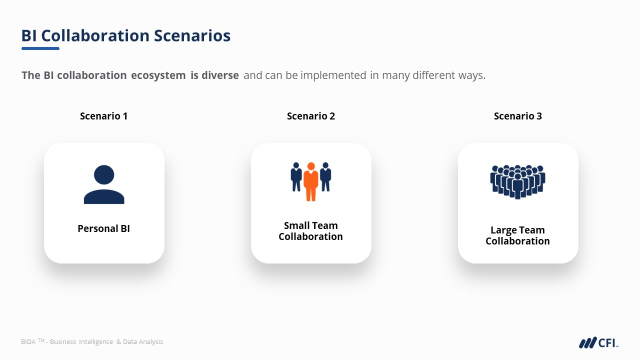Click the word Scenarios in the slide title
point(192,35)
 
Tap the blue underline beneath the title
point(40,48)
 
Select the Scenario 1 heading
point(103,116)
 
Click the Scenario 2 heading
point(311,116)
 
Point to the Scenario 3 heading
point(517,116)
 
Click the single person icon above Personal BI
point(104,184)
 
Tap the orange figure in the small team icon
point(311,181)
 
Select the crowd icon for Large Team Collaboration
point(517,181)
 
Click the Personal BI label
point(103,228)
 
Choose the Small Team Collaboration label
point(311,231)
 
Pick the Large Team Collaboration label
point(517,235)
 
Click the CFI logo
point(598,342)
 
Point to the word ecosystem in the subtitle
point(158,75)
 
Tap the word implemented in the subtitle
point(333,75)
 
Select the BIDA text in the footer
point(28,341)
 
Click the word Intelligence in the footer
point(96,341)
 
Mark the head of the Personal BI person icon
point(104,175)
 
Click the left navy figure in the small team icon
point(296,177)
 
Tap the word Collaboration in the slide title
point(95,35)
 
